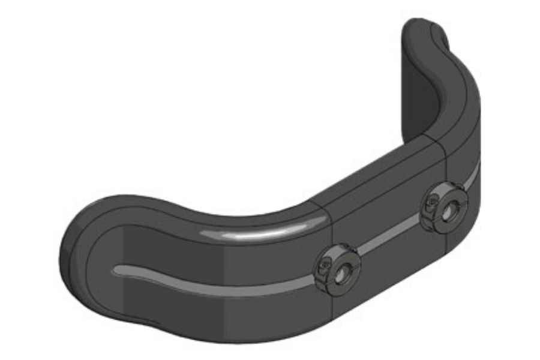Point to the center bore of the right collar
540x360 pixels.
449,208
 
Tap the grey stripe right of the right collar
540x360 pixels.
474,176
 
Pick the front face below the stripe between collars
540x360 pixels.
390,270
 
